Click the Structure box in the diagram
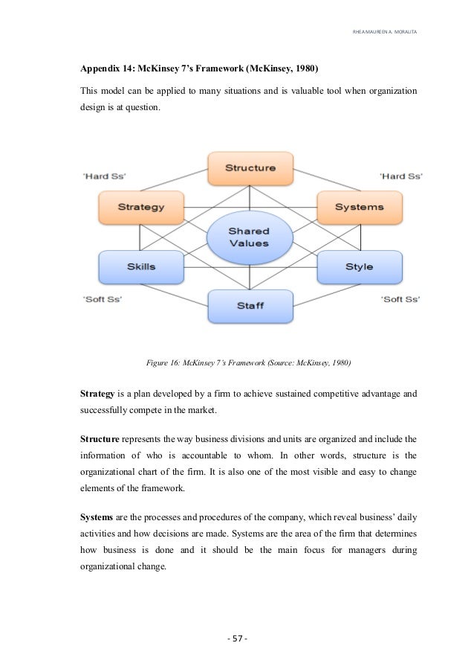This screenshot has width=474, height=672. point(250,168)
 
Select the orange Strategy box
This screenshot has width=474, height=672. point(140,207)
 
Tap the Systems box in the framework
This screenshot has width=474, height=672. point(359,207)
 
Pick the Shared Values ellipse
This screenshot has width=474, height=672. point(249,237)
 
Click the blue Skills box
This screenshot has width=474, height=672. point(140,266)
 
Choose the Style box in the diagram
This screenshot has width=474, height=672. point(359,266)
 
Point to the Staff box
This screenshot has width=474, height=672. point(250,305)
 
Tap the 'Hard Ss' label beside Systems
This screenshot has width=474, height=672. point(400,176)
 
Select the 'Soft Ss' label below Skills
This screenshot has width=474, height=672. point(102,298)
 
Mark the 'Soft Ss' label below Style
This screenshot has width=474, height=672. point(400,298)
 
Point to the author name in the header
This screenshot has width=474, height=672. point(384,31)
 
